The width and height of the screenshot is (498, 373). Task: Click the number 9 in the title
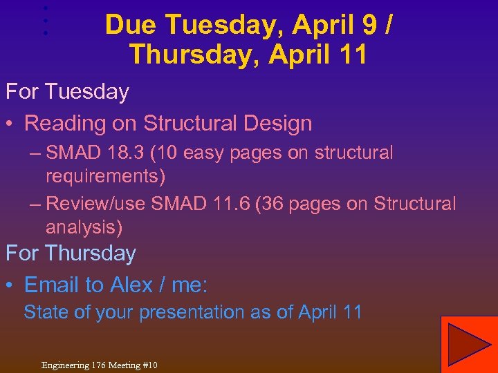coord(369,26)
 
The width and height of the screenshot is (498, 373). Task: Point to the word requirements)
coord(105,175)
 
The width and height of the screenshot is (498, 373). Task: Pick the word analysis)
coord(84,227)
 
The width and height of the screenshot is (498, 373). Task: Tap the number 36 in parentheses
coord(263,204)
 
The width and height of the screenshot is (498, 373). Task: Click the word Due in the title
coord(131,26)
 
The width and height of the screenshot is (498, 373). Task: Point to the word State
coord(46,312)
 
